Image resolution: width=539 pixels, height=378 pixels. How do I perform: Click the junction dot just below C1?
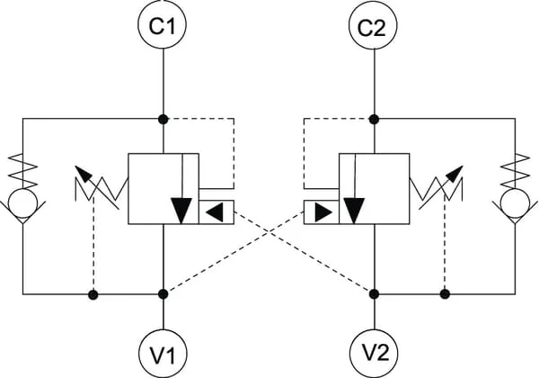pos(163,120)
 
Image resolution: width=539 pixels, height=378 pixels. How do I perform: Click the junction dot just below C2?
pos(374,120)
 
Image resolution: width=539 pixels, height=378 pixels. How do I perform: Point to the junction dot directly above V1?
pos(163,294)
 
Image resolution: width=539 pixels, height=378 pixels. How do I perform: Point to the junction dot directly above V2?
pos(374,294)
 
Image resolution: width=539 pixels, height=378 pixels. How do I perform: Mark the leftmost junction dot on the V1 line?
pos(93,294)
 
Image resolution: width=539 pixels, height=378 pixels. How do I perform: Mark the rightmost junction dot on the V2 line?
pos(446,294)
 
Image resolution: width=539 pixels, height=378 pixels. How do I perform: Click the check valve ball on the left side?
pos(23,203)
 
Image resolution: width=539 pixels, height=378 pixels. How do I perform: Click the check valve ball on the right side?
pos(516,203)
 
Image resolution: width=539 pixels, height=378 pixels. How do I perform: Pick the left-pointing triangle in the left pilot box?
pos(216,212)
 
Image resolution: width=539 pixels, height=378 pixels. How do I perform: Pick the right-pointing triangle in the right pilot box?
pos(323,212)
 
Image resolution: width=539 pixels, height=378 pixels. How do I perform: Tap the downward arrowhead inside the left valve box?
pos(181,211)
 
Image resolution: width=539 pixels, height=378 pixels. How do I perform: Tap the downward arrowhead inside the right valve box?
pos(354,211)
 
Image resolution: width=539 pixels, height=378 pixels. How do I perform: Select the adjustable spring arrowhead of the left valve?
pos(83,174)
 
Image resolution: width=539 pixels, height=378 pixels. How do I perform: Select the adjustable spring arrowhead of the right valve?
pos(455,174)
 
